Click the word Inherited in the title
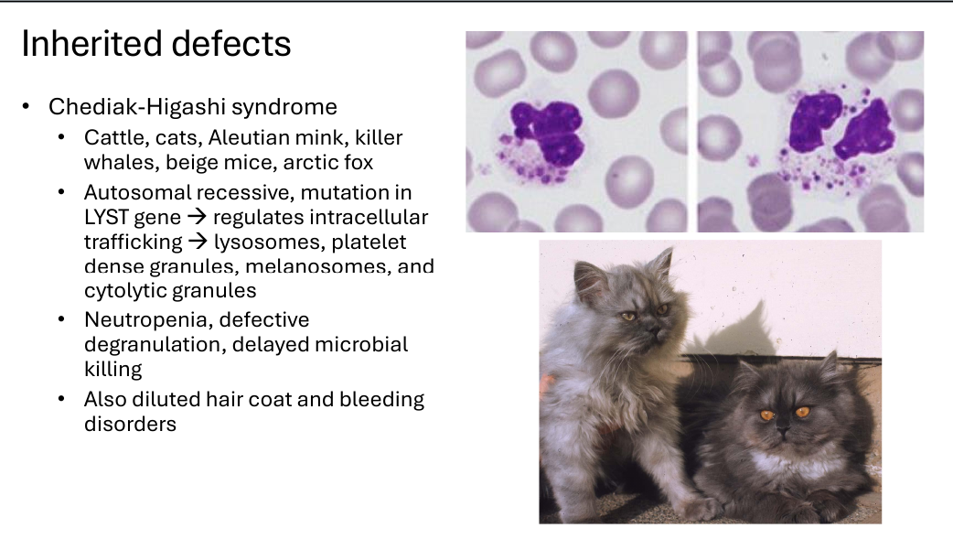tap(91, 44)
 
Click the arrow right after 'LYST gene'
tap(197, 217)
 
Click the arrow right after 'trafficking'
tap(198, 242)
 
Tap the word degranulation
tap(155, 345)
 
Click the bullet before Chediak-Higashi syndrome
tap(26, 107)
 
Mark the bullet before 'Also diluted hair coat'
tap(61, 400)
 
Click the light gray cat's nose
tap(652, 331)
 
